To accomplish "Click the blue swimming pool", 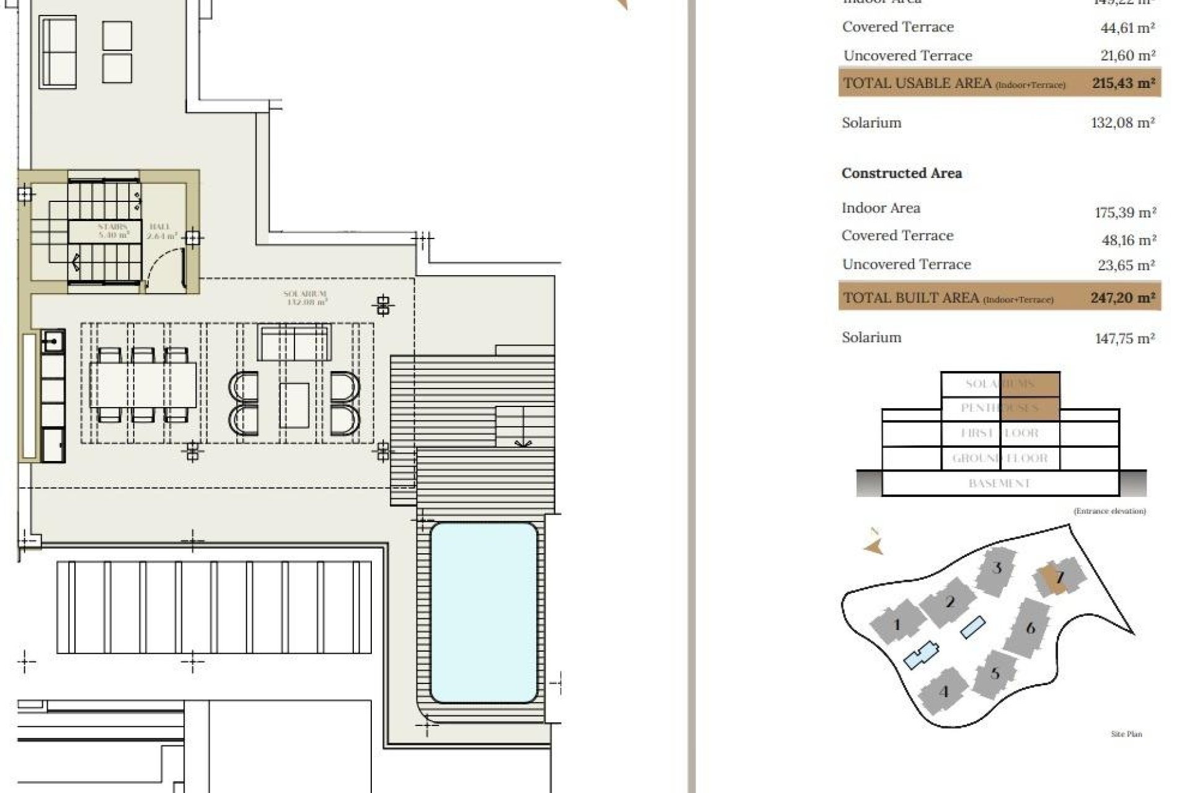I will [483, 612].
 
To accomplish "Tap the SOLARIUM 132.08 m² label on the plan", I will [305, 298].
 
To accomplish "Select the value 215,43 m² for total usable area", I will [1123, 83].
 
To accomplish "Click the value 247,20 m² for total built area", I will [1122, 298].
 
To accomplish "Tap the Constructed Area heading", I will [901, 173].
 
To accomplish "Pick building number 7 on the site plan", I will [1059, 577].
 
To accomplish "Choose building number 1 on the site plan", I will [896, 624].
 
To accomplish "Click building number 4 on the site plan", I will [944, 691].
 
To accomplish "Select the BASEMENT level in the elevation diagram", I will [999, 483].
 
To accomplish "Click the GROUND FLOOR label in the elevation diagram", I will [1000, 458].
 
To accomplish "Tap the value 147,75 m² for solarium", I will [1124, 338].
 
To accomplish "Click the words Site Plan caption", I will [1126, 734].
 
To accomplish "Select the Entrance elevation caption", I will [1109, 511].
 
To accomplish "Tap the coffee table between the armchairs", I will [294, 405].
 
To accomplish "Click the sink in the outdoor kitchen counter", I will [53, 341].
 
